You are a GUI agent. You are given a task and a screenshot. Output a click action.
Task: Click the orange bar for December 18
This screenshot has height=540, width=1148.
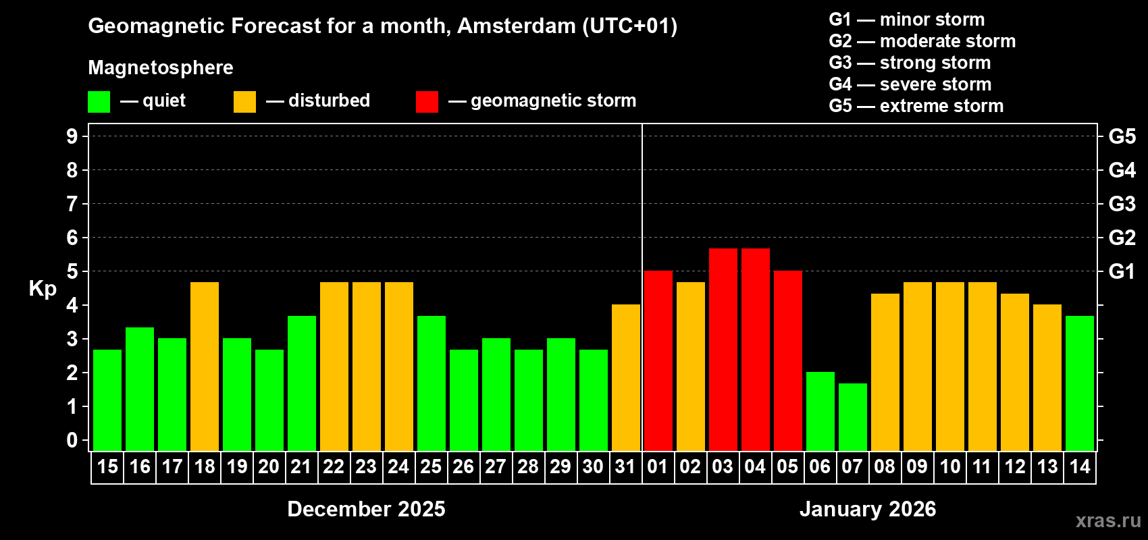click(x=205, y=367)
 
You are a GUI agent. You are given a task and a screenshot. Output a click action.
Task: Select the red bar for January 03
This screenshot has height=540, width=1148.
click(x=723, y=350)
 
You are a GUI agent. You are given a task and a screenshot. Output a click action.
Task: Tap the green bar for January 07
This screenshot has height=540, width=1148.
click(x=853, y=417)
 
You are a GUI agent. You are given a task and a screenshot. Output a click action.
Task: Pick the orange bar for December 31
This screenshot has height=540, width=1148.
click(x=626, y=378)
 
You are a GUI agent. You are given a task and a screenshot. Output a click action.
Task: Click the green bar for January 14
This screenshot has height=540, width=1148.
click(x=1080, y=383)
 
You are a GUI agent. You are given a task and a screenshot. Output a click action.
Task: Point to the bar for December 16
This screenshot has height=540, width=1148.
click(x=140, y=389)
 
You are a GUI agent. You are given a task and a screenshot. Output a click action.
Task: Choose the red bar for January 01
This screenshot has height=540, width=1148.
click(x=658, y=361)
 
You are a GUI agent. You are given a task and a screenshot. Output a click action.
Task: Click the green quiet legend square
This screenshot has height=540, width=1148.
click(x=99, y=102)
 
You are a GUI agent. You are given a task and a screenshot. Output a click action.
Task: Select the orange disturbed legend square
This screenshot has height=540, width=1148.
click(x=244, y=102)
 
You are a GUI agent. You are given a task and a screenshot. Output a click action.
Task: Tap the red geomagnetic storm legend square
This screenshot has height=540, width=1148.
click(x=427, y=102)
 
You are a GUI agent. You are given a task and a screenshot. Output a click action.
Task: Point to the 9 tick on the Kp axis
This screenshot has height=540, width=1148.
click(x=72, y=136)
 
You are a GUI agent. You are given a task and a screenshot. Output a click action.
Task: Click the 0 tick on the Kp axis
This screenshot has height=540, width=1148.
click(x=72, y=441)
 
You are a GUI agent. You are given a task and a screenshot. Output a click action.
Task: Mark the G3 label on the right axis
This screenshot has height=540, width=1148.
click(x=1122, y=204)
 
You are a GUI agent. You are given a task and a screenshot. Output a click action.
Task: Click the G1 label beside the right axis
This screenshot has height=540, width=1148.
click(x=1122, y=271)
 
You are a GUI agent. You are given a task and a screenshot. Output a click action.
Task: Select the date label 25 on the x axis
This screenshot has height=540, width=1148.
click(x=431, y=467)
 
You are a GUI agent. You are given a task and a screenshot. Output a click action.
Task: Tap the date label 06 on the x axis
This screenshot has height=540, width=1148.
click(x=820, y=467)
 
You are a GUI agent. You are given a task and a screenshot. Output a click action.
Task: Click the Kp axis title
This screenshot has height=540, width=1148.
click(x=43, y=289)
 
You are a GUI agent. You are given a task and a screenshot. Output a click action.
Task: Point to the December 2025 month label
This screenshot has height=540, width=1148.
click(x=366, y=509)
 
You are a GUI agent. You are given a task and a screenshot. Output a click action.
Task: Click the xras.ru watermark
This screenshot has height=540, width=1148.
click(x=1108, y=520)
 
